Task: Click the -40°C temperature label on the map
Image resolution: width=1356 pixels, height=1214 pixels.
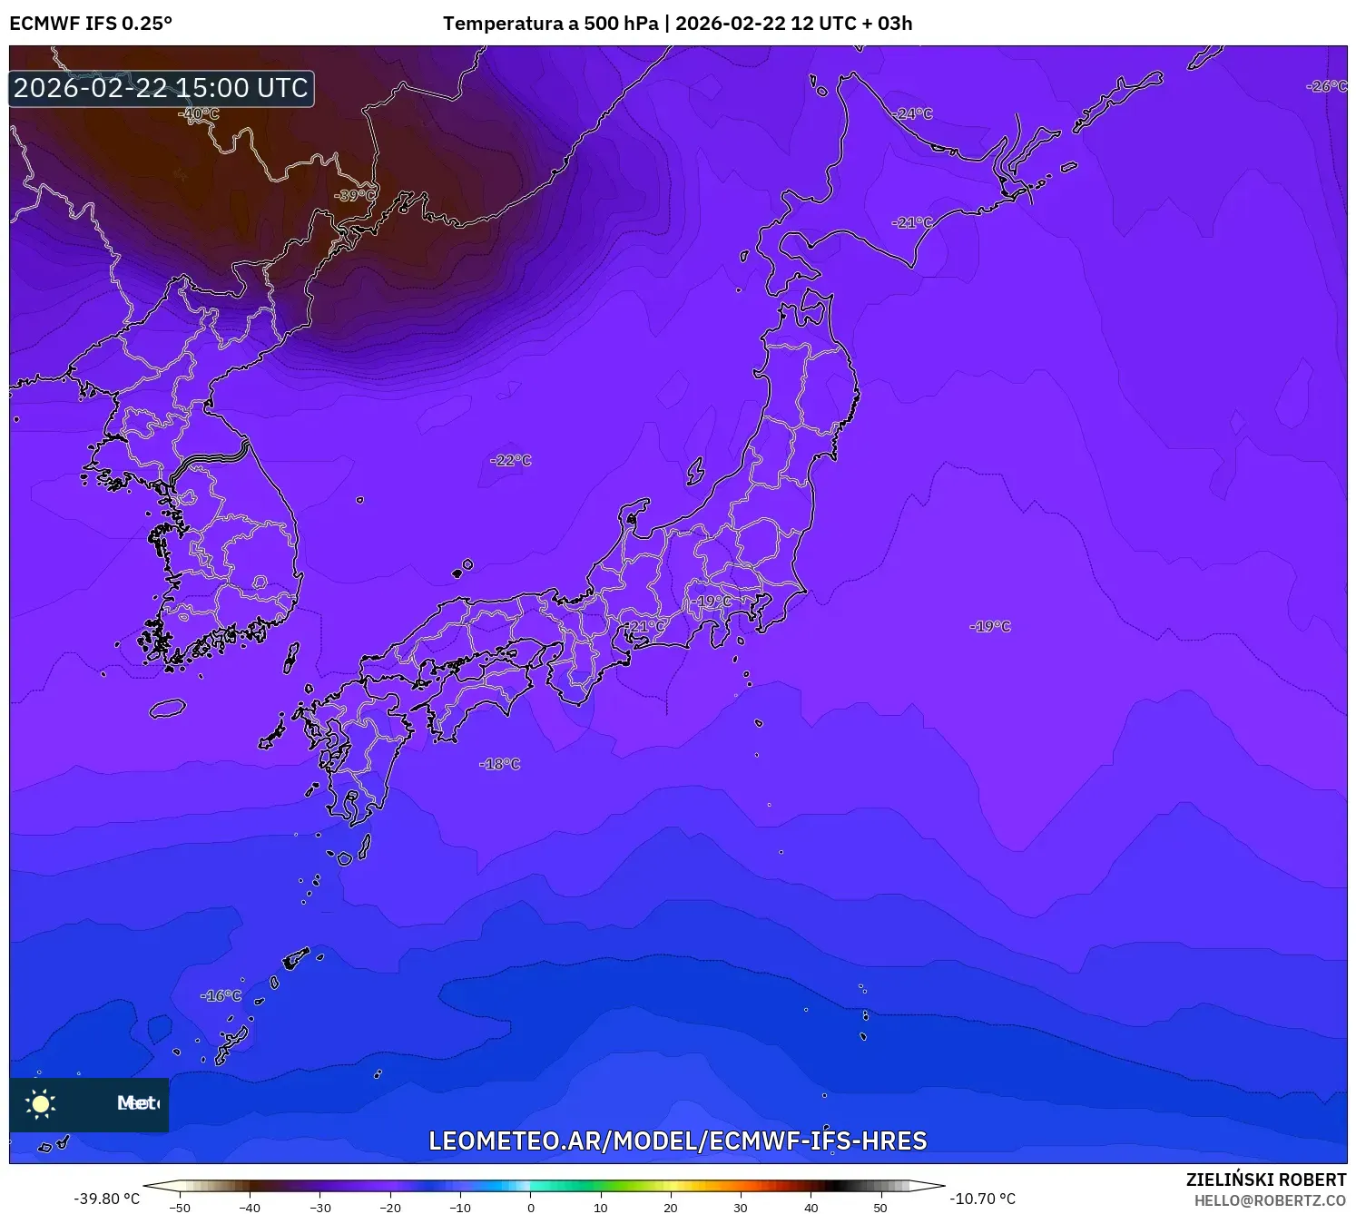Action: [x=200, y=113]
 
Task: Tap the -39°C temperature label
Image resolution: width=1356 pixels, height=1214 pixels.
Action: [x=354, y=195]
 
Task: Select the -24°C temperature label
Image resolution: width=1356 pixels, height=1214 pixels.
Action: [x=913, y=113]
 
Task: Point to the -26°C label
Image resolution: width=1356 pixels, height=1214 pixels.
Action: [x=1326, y=86]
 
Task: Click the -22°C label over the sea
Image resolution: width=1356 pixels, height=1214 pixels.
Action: [x=511, y=460]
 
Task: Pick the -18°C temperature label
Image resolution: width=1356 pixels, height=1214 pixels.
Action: [x=500, y=764]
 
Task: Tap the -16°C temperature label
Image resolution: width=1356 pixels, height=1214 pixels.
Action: [x=221, y=995]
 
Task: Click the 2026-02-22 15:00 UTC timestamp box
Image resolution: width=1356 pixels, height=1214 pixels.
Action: [x=162, y=88]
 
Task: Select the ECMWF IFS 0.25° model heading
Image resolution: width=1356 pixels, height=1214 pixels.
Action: [x=91, y=24]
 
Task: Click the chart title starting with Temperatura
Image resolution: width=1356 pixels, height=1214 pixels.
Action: [x=677, y=24]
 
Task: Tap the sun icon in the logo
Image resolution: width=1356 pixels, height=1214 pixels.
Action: [x=41, y=1103]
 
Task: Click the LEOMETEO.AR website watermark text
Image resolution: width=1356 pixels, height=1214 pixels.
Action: [x=677, y=1141]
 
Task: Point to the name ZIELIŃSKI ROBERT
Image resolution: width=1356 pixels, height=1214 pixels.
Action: [x=1266, y=1180]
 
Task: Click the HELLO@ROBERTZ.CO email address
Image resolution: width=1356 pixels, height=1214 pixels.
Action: [x=1270, y=1200]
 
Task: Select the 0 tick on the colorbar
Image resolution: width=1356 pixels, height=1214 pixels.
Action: [x=531, y=1207]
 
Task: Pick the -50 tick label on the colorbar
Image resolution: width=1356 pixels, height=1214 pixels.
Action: [x=180, y=1207]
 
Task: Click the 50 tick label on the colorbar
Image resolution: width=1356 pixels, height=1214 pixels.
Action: [x=880, y=1207]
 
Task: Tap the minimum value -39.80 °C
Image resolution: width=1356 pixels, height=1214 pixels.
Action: [x=107, y=1199]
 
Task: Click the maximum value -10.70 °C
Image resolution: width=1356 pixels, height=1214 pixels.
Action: [x=983, y=1199]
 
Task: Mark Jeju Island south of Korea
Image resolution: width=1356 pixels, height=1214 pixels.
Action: [x=168, y=709]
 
